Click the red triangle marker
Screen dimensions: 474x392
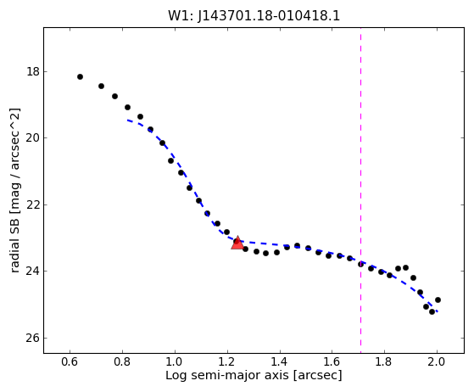coord(237,243)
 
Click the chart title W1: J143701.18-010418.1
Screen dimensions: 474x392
coord(254,16)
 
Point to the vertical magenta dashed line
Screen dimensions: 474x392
coord(360,190)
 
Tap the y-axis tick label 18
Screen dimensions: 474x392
coord(33,71)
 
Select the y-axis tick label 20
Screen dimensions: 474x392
coord(33,138)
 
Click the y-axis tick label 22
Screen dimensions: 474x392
coord(33,204)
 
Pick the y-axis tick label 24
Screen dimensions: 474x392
coord(33,271)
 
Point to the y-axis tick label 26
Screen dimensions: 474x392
coord(33,338)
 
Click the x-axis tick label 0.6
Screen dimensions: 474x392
coord(70,361)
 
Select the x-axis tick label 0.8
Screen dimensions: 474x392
coord(122,361)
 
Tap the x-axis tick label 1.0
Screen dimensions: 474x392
coord(175,361)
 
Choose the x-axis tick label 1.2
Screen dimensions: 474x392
coord(227,361)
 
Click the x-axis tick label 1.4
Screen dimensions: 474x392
coord(280,361)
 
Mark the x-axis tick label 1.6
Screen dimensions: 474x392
coord(332,361)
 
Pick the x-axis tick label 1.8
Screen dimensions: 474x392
coord(384,361)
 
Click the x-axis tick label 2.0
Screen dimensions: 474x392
coord(437,361)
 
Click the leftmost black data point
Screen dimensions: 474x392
coord(80,77)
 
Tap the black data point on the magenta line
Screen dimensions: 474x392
coord(360,265)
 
